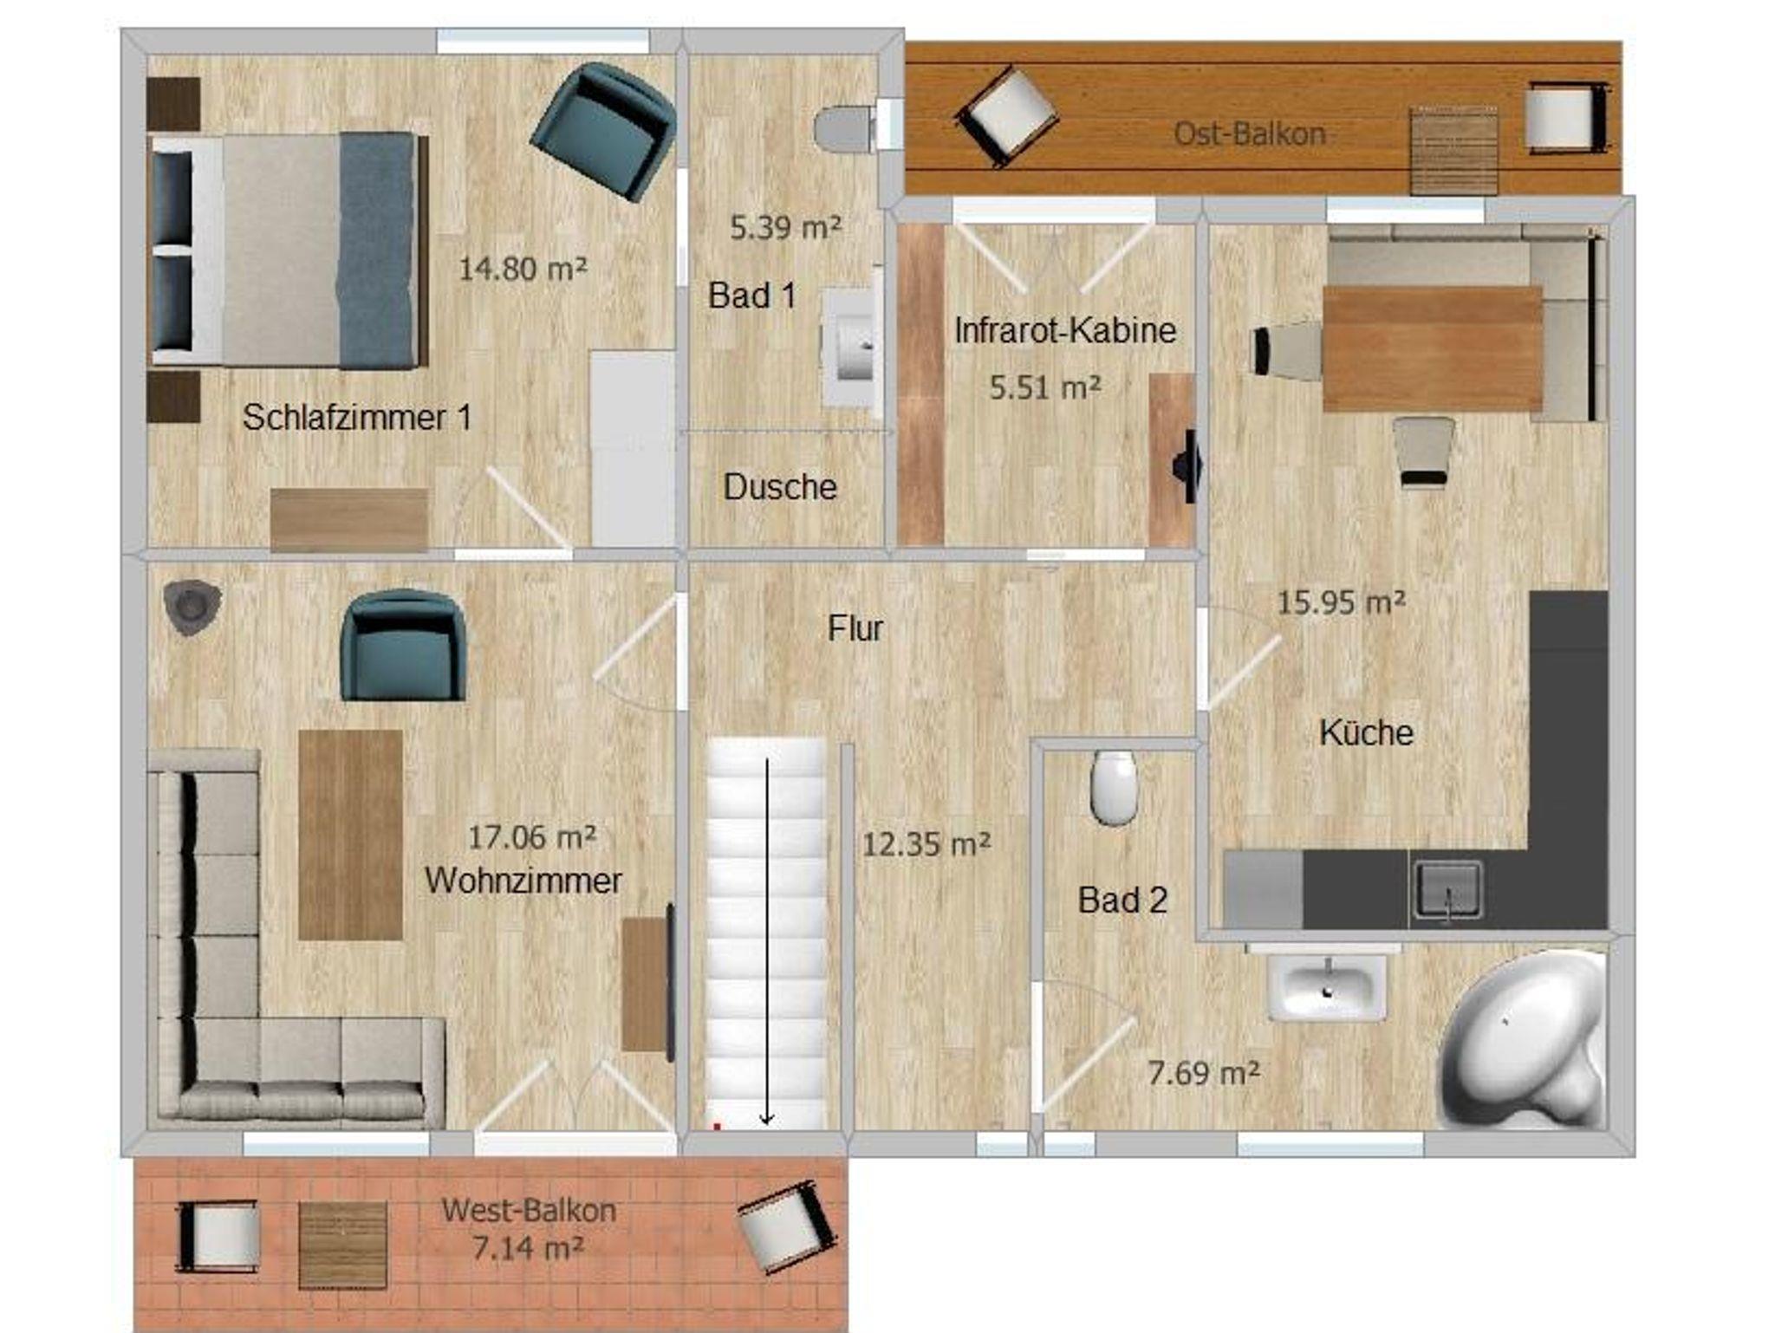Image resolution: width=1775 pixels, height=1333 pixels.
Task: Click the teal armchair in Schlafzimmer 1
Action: (603, 130)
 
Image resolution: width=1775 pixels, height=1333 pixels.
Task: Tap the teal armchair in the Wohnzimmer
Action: (403, 645)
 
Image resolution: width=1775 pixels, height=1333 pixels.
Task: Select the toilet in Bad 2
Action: (1114, 788)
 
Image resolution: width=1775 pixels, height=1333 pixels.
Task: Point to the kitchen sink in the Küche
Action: (1447, 889)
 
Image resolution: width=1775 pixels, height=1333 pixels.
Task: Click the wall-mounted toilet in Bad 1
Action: (844, 128)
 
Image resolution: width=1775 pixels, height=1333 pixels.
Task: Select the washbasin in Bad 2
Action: (1327, 986)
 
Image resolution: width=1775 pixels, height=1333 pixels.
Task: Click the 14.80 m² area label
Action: (523, 269)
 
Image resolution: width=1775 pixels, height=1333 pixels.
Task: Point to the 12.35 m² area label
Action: (927, 844)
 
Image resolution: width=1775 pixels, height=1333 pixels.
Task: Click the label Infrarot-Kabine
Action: (1065, 330)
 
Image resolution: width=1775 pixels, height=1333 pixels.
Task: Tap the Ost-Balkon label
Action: (1250, 133)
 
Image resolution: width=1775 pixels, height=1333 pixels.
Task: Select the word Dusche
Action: (780, 487)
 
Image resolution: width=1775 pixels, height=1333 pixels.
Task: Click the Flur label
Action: (855, 628)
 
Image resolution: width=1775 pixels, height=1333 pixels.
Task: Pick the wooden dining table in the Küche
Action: (1433, 348)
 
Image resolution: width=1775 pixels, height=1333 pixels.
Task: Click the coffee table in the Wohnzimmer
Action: (350, 835)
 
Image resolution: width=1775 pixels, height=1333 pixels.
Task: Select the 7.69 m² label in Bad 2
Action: (1204, 1074)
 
